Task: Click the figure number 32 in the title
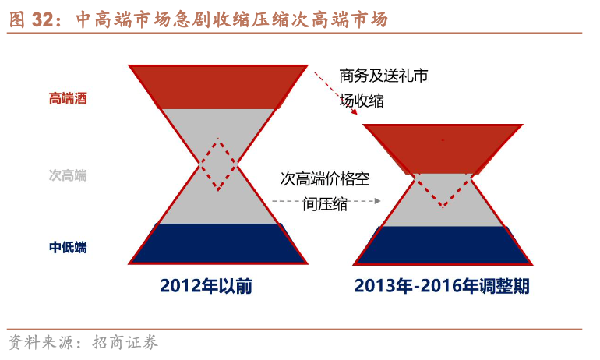pos(43,19)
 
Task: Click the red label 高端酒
pos(68,99)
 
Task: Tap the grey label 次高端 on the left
pos(68,175)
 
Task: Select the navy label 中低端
pos(68,248)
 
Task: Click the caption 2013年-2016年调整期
pos(442,286)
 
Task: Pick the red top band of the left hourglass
pos(218,87)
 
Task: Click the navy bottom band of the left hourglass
pos(218,243)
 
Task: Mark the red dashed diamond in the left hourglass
pos(218,164)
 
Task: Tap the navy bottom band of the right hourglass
pos(443,245)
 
